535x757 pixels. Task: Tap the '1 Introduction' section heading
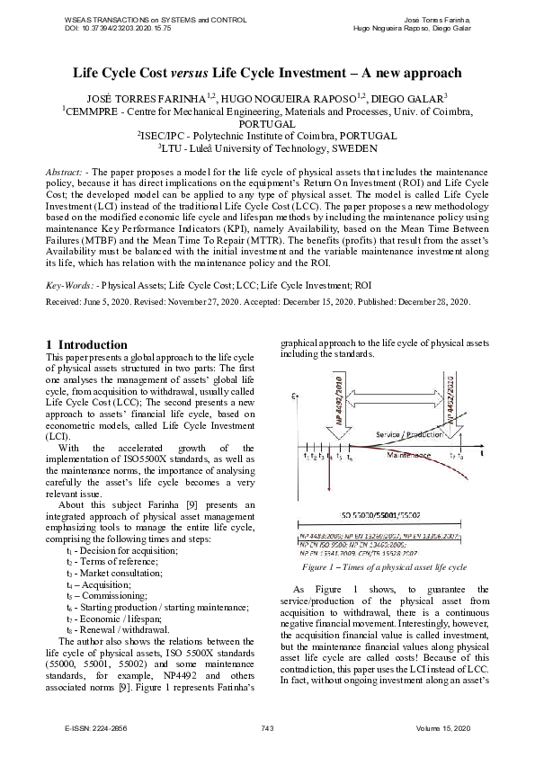click(86, 344)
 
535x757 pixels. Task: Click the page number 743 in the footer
click(267, 726)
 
